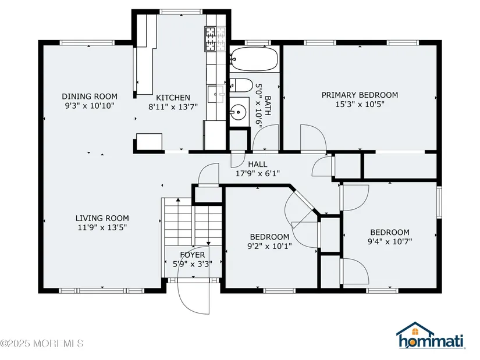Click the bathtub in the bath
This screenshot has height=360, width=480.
[254, 59]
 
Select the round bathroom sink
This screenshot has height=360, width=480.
[238, 112]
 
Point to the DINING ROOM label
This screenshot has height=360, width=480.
[90, 97]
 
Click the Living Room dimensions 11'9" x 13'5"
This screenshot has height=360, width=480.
[102, 227]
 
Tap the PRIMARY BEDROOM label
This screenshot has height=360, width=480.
[360, 95]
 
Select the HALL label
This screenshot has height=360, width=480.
[257, 164]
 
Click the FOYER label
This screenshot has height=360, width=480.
[193, 255]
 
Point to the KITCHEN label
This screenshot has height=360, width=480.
[173, 98]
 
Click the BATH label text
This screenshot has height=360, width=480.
[268, 106]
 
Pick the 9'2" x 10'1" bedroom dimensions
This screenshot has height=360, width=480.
[269, 246]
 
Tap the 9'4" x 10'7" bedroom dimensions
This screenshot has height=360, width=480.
[390, 241]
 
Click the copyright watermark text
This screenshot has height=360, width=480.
[42, 343]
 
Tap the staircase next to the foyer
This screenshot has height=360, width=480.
[193, 222]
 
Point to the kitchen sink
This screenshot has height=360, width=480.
[216, 94]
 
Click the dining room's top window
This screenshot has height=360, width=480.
[87, 42]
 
